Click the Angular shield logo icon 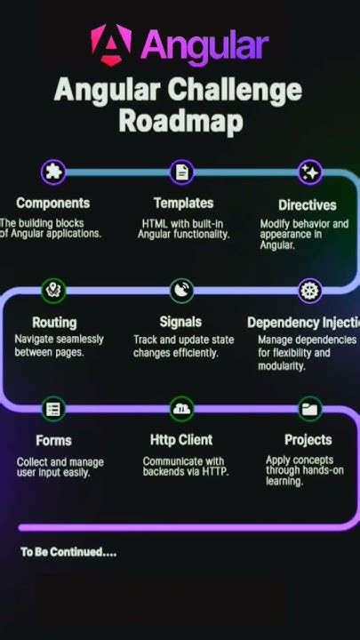pyautogui.click(x=111, y=44)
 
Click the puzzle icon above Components pyautogui.click(x=53, y=172)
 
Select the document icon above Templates pyautogui.click(x=182, y=172)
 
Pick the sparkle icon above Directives pyautogui.click(x=309, y=172)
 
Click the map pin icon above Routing pyautogui.click(x=53, y=290)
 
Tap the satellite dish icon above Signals pyautogui.click(x=182, y=290)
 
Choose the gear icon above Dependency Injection pyautogui.click(x=309, y=290)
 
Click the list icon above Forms pyautogui.click(x=53, y=409)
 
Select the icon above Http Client pyautogui.click(x=182, y=409)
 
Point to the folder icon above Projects pyautogui.click(x=309, y=409)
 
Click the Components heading pyautogui.click(x=52, y=203)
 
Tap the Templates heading pyautogui.click(x=183, y=203)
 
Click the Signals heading pyautogui.click(x=180, y=322)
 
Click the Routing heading pyautogui.click(x=54, y=322)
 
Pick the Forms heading pyautogui.click(x=53, y=440)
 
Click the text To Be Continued pyautogui.click(x=68, y=552)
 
